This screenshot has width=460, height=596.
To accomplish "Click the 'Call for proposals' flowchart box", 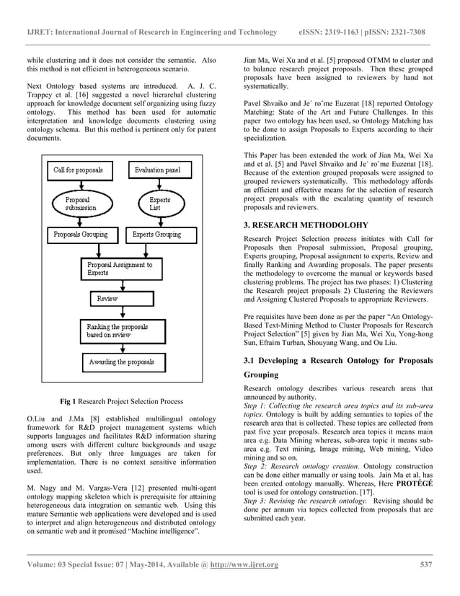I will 78,170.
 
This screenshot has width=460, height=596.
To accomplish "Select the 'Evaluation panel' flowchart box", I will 158,170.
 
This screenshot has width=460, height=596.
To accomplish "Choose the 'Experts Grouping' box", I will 157,235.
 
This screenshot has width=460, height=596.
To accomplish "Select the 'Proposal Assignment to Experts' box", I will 119,269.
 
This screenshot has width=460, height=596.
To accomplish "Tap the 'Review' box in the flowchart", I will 107,298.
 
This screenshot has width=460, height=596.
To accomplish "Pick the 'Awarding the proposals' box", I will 121,361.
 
